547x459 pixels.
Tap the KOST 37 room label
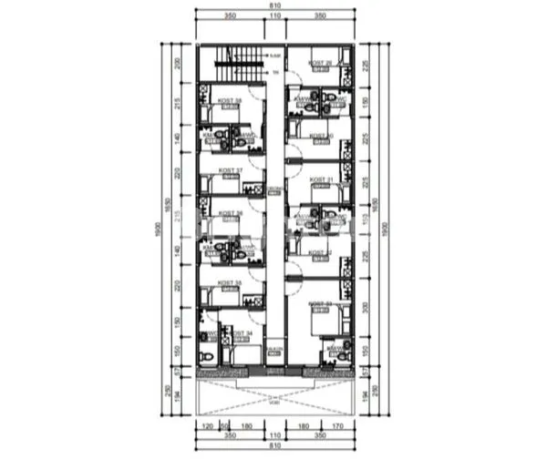point(231,170)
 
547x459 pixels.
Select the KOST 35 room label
point(231,283)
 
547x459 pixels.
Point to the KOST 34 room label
point(243,334)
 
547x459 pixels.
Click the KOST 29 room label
point(320,63)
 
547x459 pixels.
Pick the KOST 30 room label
point(320,137)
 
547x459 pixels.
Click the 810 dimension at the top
point(274,6)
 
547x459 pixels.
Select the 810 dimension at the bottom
point(274,448)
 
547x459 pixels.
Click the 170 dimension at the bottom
point(336,424)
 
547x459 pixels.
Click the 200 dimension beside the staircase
point(179,65)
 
